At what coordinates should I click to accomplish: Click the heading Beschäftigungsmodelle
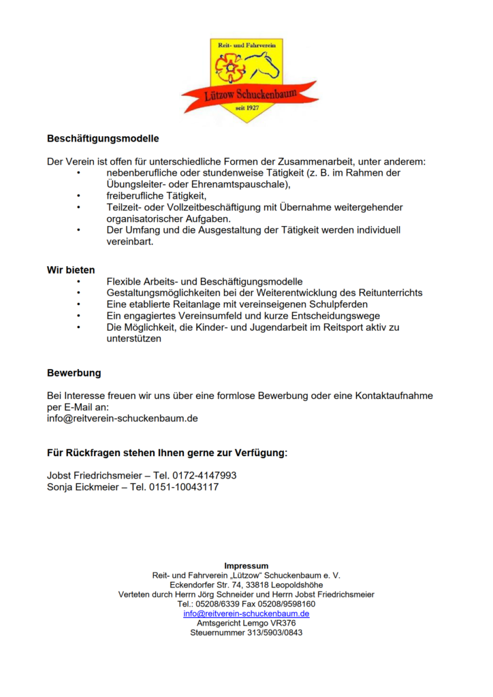coord(103,138)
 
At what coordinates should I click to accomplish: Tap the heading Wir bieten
coord(71,270)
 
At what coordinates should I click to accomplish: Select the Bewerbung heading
coord(74,373)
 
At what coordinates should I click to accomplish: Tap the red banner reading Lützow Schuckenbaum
coord(250,95)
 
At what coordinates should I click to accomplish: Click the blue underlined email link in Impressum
coord(246,613)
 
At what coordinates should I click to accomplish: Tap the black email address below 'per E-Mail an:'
coord(123,419)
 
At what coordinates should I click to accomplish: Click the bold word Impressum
coord(246,566)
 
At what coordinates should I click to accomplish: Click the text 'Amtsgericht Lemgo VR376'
coord(246,623)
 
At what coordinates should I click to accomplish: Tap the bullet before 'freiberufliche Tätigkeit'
coord(79,196)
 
